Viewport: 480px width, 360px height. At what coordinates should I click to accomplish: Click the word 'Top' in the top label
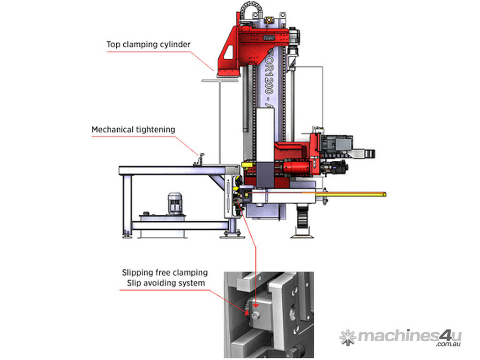tap(113, 45)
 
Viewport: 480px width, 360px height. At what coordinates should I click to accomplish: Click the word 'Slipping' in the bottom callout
tap(138, 272)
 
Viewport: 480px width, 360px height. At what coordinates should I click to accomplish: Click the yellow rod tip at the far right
tap(384, 194)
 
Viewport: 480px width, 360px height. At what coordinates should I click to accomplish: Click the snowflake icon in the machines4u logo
tap(347, 337)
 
